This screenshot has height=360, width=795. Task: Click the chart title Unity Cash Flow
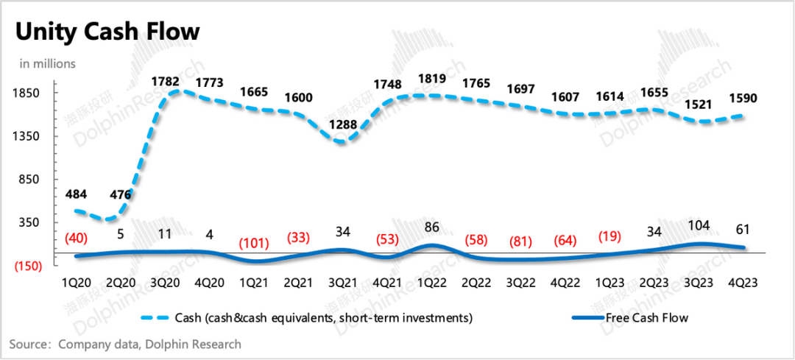(107, 32)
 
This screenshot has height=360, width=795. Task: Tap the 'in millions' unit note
(47, 64)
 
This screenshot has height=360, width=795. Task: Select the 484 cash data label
(77, 194)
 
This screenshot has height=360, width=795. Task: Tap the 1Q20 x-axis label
(75, 282)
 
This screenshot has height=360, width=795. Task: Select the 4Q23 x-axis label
(743, 282)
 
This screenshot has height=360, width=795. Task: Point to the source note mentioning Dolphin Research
(125, 344)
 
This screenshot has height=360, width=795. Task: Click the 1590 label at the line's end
(743, 98)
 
